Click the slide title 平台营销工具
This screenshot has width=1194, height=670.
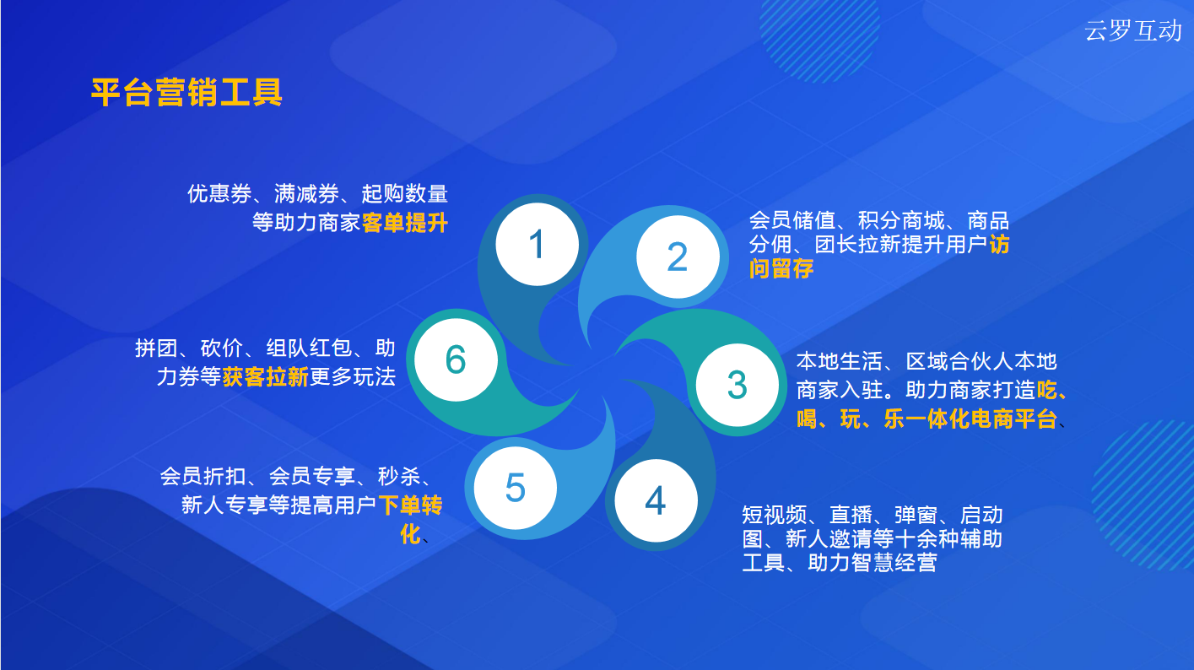[x=186, y=92]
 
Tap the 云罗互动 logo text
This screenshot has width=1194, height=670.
[x=1133, y=30]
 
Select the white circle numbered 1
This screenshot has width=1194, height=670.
[x=538, y=244]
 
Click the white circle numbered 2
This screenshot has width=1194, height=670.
[x=678, y=257]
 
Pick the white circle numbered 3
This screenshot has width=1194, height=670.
[x=737, y=385]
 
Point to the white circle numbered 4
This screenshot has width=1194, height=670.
[x=656, y=500]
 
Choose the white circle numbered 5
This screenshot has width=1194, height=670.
[x=516, y=488]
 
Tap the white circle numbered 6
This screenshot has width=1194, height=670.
[x=457, y=359]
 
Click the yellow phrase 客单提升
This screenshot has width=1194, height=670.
[x=404, y=223]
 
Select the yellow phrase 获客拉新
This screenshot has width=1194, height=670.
[x=266, y=377]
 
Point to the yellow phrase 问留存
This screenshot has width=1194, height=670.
[x=781, y=268]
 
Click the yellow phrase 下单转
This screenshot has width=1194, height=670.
[x=410, y=505]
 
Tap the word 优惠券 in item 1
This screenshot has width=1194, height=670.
[x=219, y=193]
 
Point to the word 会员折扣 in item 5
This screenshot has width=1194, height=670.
[x=203, y=476]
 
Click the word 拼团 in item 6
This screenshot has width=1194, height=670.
[x=156, y=348]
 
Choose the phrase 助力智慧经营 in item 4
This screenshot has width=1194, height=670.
[x=873, y=563]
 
